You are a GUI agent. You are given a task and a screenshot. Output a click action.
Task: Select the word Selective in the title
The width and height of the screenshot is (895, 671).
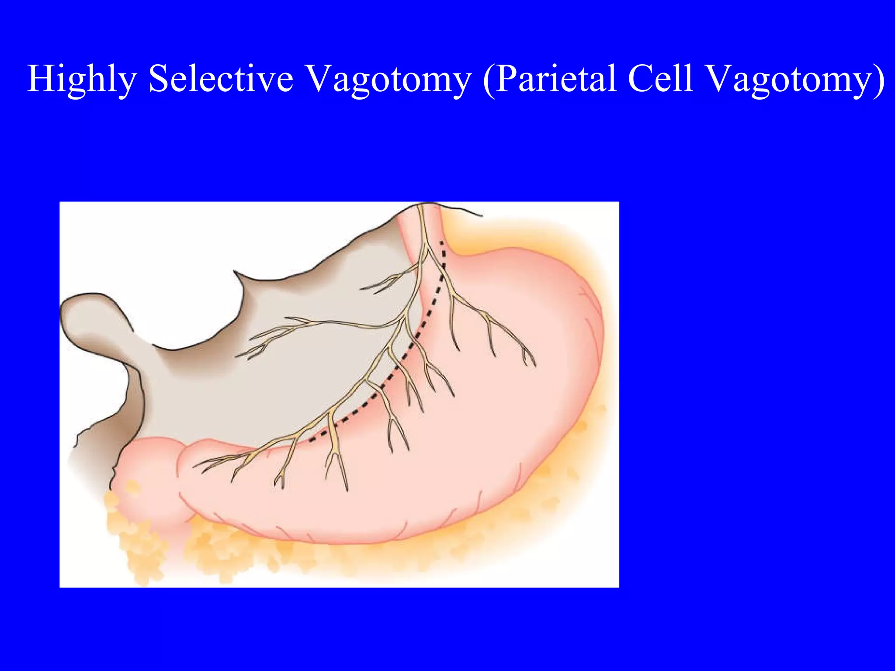point(221,79)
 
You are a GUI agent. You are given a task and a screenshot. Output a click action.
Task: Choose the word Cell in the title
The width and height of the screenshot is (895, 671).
point(660,79)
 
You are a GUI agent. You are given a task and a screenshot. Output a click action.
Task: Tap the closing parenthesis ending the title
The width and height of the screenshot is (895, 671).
point(879,80)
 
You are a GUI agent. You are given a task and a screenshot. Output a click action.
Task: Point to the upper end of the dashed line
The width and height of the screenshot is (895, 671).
point(441,242)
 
